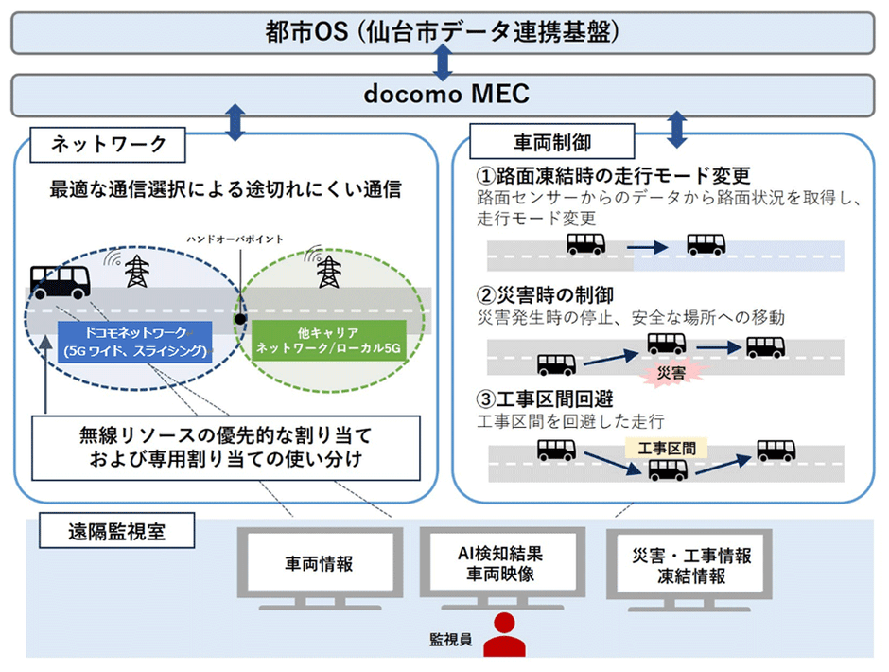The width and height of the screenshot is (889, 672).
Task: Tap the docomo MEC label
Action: tap(444, 94)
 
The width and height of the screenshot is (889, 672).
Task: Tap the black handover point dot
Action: tap(242, 318)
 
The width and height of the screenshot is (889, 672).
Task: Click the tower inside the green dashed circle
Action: tap(328, 273)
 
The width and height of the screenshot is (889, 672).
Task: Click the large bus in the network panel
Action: tap(60, 279)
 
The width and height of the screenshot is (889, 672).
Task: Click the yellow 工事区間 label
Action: tap(667, 447)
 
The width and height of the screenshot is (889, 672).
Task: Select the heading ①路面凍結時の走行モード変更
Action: tap(614, 176)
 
